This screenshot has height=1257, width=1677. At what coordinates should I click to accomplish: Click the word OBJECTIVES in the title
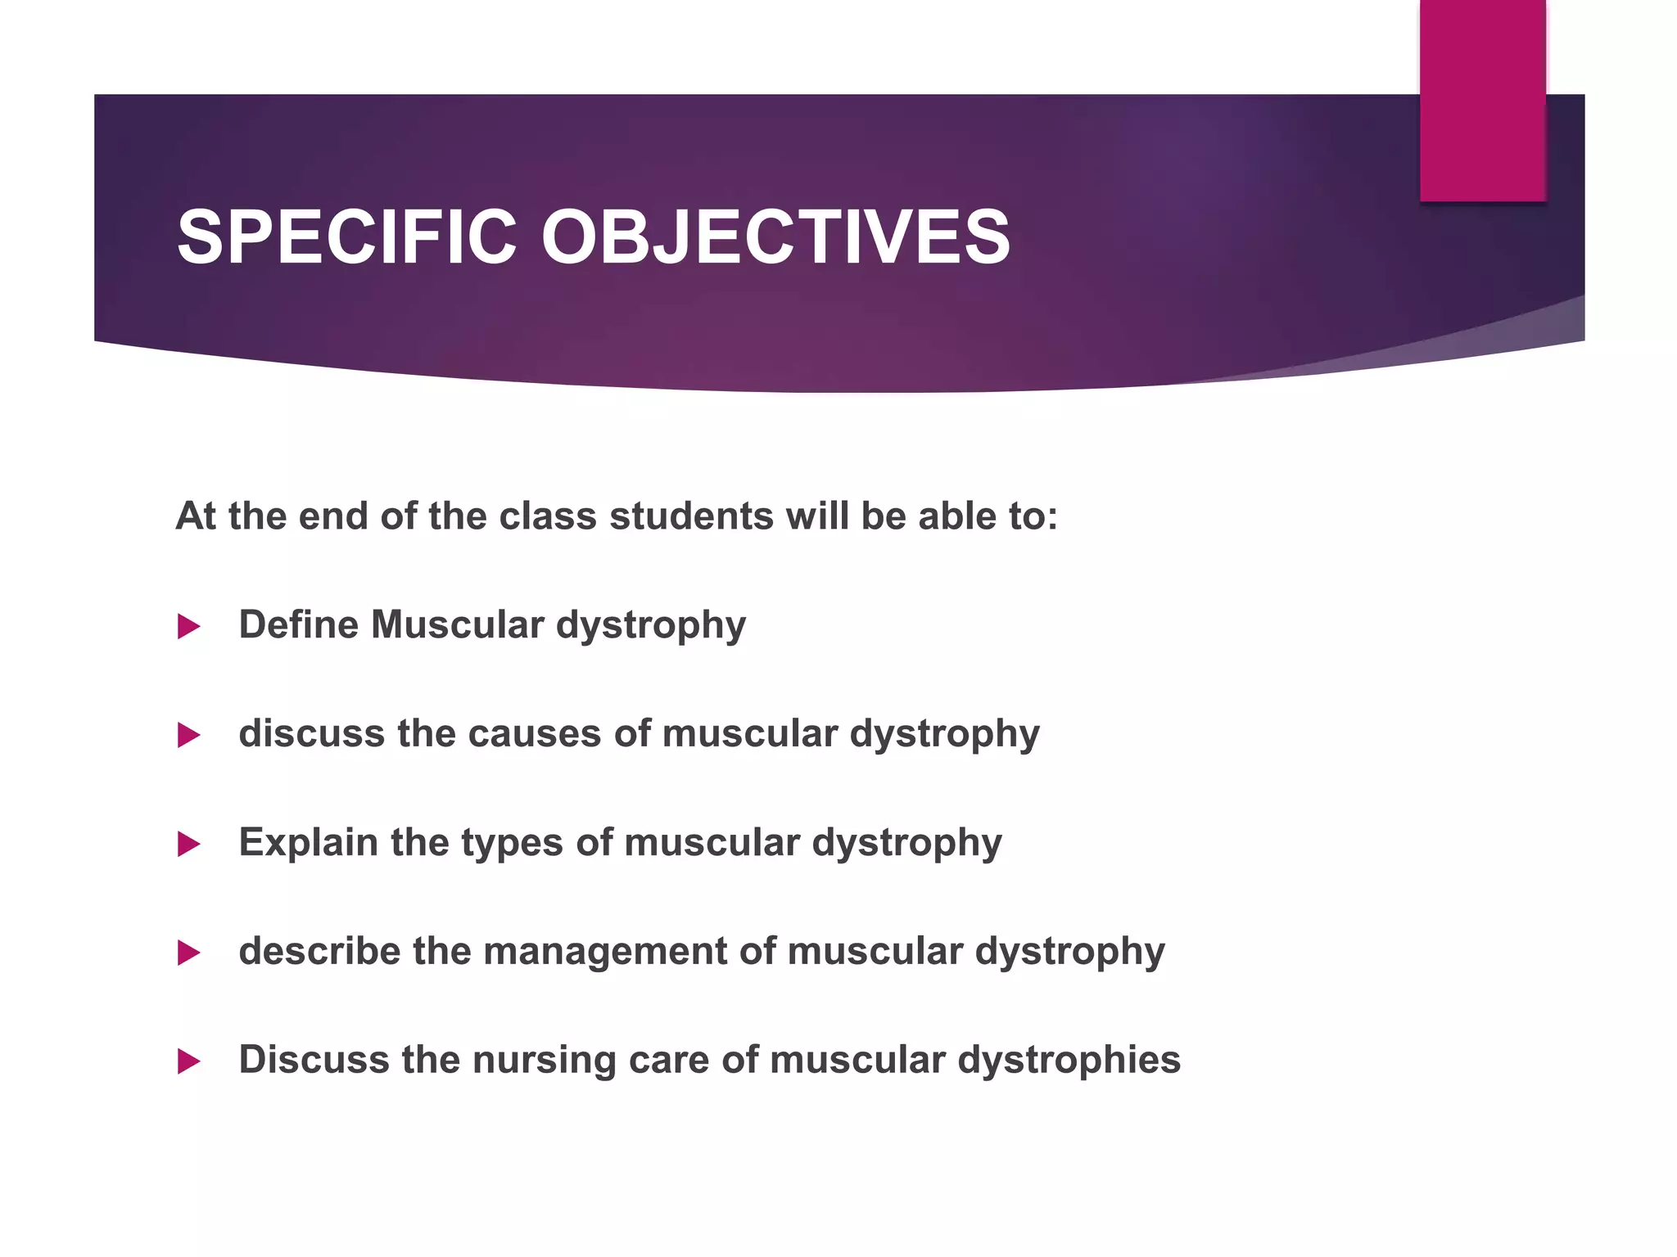tap(775, 237)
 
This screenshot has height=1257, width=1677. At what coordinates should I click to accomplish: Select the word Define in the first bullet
tap(298, 624)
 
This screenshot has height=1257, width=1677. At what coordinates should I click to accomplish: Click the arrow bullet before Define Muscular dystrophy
tap(188, 627)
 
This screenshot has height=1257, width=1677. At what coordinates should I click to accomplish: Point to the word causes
tap(535, 733)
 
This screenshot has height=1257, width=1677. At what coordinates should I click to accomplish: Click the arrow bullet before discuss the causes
tap(188, 735)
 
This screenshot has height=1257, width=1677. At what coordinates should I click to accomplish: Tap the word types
tap(511, 844)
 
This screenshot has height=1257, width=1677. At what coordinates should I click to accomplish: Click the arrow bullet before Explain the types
tap(188, 844)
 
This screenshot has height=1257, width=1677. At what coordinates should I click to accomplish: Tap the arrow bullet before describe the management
tap(188, 953)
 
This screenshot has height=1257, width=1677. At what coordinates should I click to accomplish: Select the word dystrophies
tap(1069, 1061)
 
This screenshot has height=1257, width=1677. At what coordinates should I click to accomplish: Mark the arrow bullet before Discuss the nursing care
tap(188, 1061)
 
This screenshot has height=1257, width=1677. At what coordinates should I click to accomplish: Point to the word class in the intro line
tap(547, 516)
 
